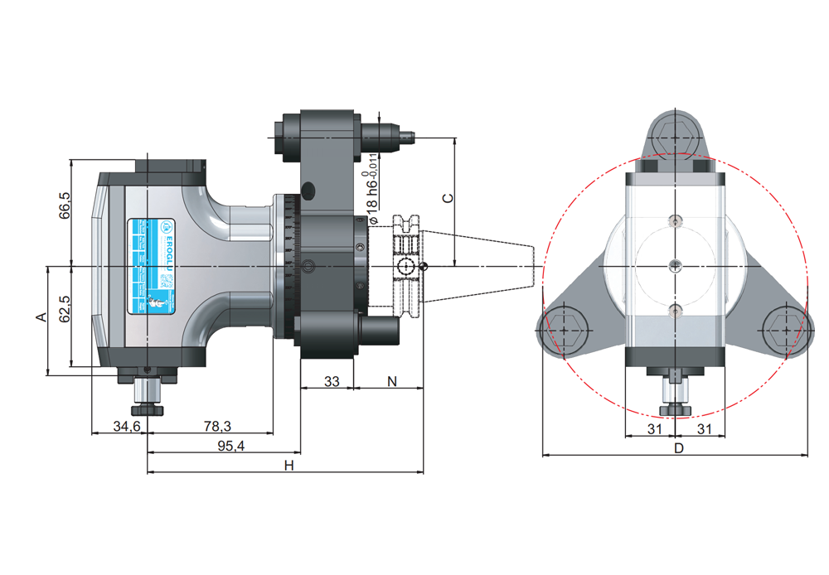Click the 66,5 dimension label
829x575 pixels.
[65, 205]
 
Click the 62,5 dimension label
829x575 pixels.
[65, 309]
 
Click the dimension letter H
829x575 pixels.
[288, 466]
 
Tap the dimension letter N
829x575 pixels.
[391, 381]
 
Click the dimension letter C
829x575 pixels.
[447, 199]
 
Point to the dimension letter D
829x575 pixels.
[677, 448]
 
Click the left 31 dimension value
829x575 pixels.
[654, 428]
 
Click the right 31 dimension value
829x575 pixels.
[705, 428]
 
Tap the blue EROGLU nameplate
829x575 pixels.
[152, 266]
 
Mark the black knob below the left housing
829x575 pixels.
[147, 409]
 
